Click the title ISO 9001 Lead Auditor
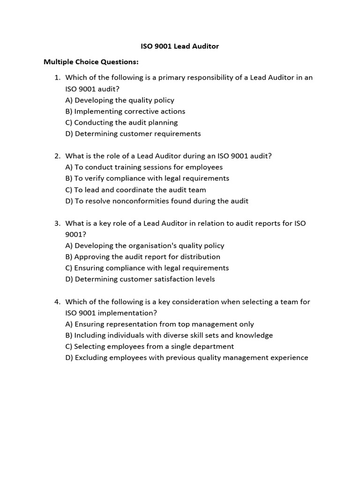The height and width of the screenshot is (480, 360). [x=180, y=46]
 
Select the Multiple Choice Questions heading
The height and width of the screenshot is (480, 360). [x=91, y=62]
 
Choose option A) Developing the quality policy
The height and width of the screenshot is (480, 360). [x=120, y=100]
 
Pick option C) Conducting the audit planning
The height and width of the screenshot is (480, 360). [x=121, y=122]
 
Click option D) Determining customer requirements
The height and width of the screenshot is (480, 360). [x=133, y=134]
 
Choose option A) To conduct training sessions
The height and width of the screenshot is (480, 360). [x=144, y=167]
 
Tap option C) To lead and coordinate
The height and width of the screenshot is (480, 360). [x=135, y=190]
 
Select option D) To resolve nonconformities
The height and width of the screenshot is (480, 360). [x=157, y=201]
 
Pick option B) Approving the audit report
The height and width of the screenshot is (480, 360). [x=142, y=257]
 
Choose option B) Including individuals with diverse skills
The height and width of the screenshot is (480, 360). [x=169, y=336]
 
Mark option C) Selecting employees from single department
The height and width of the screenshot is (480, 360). [x=150, y=347]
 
